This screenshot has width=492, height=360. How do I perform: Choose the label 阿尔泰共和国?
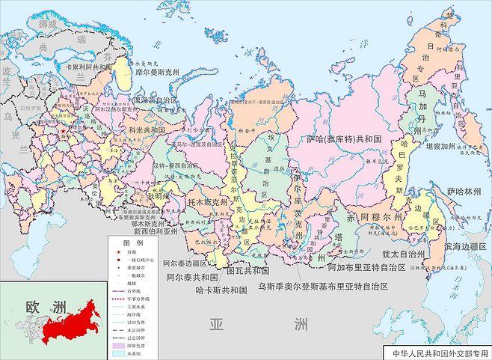coord(191,275)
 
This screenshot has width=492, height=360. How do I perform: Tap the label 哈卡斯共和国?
coord(221,289)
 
